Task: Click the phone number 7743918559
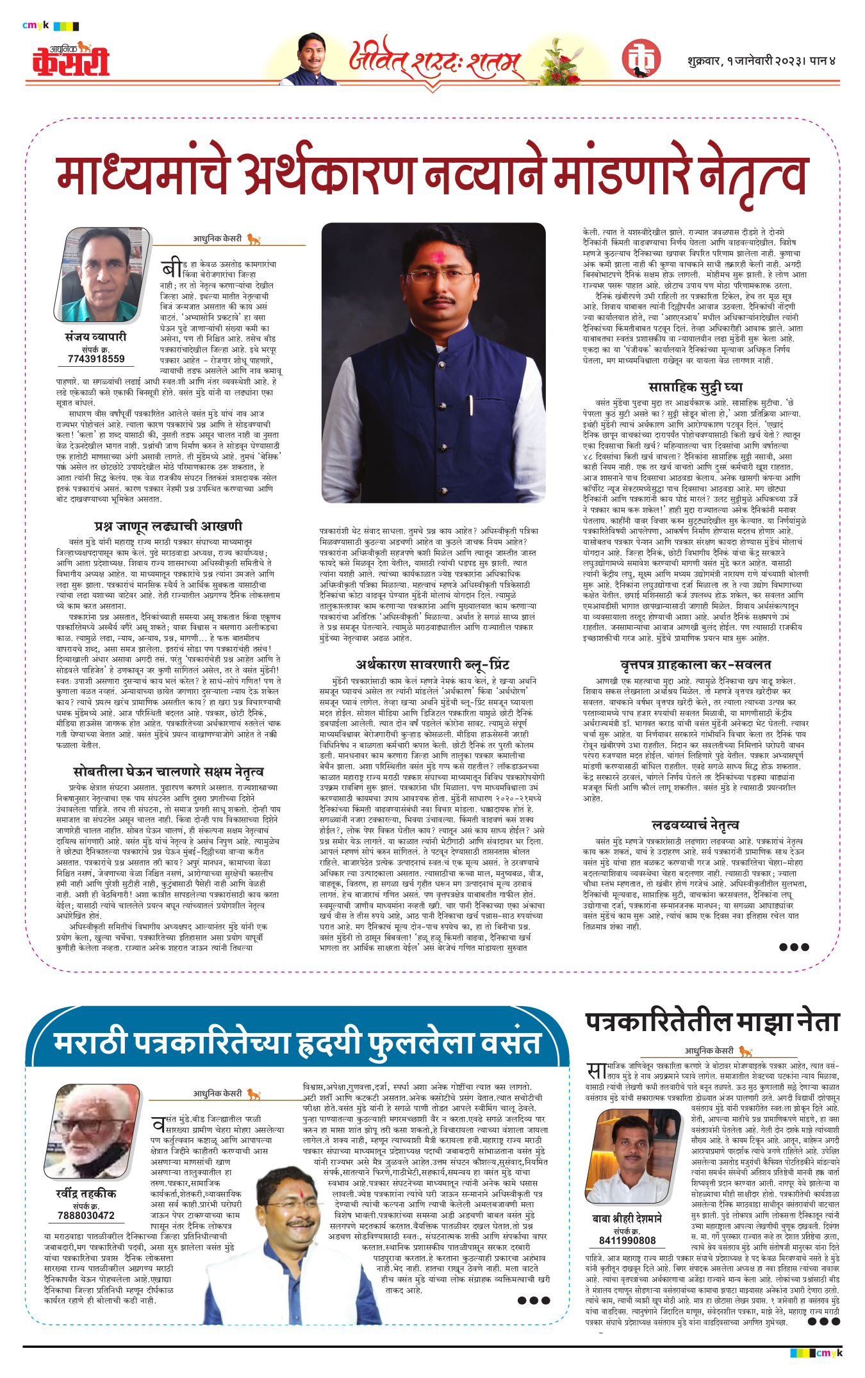96,359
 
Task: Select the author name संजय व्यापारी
96,337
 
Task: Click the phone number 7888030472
86,1215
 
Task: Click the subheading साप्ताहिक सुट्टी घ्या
695,387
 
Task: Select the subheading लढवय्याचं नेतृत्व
695,825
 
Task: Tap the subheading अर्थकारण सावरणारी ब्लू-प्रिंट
432,664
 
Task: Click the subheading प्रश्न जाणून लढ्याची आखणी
168,526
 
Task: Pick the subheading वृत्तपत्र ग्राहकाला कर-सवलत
695,664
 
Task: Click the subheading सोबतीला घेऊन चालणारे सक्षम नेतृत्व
168,771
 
